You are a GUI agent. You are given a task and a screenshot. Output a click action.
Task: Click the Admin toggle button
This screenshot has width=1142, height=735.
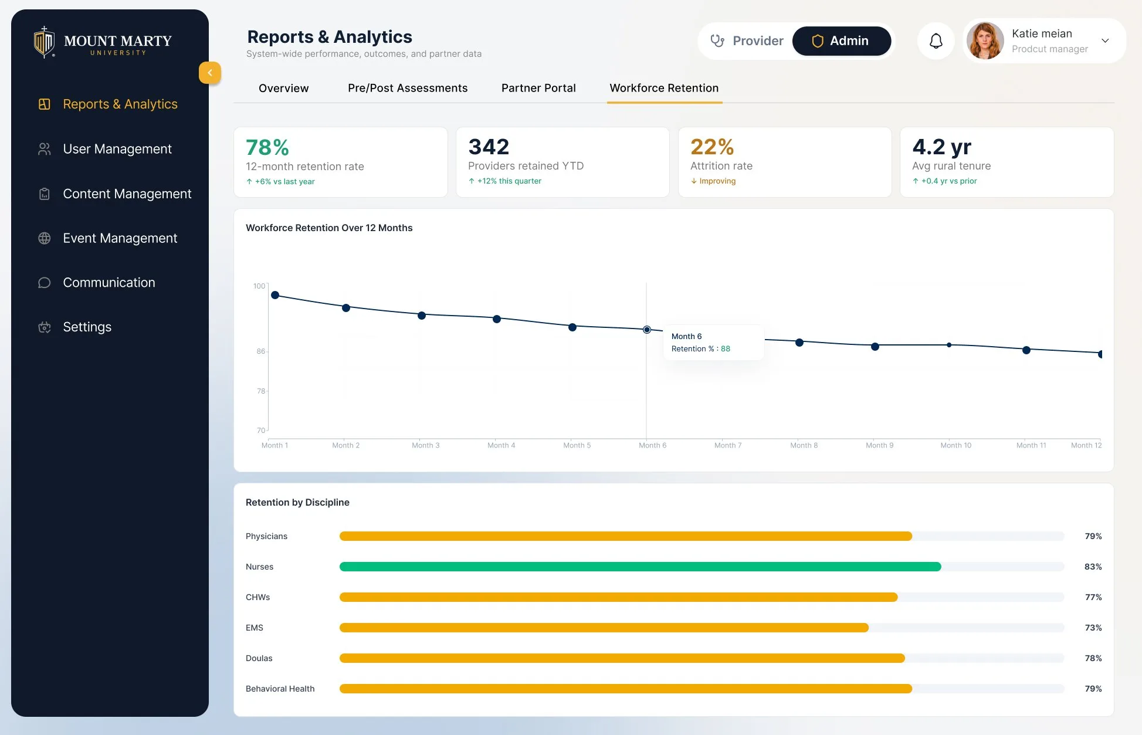click(x=842, y=41)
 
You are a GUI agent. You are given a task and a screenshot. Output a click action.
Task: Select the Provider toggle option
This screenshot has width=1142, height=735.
click(x=747, y=41)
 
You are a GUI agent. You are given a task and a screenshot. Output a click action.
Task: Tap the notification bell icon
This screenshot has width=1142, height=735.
click(x=936, y=41)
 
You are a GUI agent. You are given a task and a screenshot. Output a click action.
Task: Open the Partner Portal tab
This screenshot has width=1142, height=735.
click(x=538, y=88)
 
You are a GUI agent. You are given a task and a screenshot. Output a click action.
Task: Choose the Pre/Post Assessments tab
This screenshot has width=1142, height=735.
click(x=408, y=88)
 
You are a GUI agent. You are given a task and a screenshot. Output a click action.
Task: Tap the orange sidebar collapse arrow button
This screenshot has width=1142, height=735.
click(x=210, y=73)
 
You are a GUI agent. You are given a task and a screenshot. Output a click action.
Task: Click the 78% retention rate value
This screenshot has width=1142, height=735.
click(x=267, y=147)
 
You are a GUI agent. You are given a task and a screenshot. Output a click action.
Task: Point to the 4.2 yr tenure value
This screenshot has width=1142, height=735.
click(x=941, y=147)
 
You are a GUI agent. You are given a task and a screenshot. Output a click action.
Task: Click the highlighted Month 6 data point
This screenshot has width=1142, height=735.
click(x=646, y=330)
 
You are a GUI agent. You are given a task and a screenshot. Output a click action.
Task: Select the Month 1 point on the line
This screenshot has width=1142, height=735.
click(x=275, y=295)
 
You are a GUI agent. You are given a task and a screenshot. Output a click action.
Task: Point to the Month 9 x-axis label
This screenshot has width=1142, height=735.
click(x=879, y=445)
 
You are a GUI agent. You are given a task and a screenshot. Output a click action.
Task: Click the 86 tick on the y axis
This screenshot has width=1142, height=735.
click(x=260, y=351)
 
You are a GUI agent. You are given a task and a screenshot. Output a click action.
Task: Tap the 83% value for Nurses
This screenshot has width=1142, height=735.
click(x=1093, y=567)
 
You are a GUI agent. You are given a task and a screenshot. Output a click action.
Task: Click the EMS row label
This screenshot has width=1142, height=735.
click(x=255, y=628)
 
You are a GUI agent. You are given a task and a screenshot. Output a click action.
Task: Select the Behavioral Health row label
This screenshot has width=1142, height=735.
click(x=280, y=689)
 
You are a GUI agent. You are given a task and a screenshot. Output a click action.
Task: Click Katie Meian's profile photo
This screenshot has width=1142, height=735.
click(x=985, y=41)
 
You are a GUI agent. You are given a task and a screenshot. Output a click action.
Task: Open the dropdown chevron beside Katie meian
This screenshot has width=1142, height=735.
click(x=1105, y=41)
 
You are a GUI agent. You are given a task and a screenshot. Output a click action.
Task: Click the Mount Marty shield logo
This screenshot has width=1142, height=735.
click(x=44, y=42)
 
